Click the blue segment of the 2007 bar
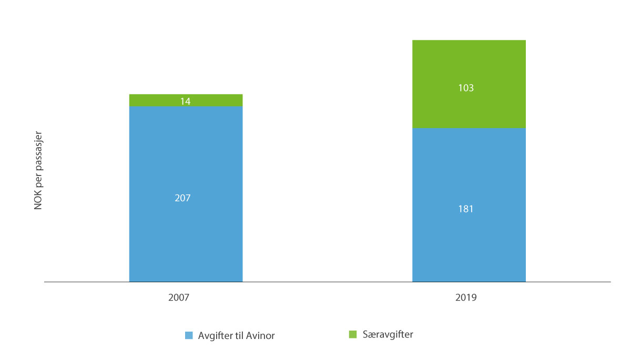186,236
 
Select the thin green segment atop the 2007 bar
158,100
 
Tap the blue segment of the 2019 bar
469,242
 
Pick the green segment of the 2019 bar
469,63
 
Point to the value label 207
183,198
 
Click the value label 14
185,101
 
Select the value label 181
466,209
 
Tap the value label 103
466,88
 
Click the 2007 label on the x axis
179,297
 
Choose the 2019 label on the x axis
466,297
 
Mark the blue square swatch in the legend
189,335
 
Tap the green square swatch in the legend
352,334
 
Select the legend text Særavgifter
387,335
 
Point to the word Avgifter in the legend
214,336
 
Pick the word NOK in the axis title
38,202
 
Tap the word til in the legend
239,336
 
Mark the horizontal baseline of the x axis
326,282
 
